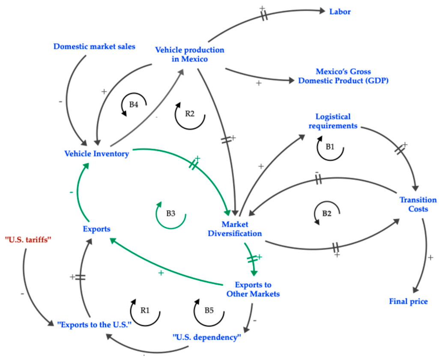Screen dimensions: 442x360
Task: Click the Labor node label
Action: tap(340, 12)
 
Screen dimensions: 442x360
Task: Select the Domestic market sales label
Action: tap(94, 47)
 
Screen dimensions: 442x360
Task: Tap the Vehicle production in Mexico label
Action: tap(190, 54)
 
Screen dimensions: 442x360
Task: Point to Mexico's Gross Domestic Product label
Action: tap(343, 76)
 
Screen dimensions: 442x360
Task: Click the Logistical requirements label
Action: tap(333, 121)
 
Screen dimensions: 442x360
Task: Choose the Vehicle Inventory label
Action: tap(97, 154)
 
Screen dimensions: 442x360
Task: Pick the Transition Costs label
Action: tap(418, 204)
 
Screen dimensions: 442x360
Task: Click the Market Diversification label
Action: tap(235, 229)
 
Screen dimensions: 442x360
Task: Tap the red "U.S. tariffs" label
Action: tap(28, 240)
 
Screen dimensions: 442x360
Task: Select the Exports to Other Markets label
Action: tap(253, 289)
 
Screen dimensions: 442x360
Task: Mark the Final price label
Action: tap(409, 301)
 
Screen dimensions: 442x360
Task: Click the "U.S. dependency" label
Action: tap(207, 337)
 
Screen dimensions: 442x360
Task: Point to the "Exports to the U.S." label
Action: tap(94, 325)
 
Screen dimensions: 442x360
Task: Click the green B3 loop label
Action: tap(171, 214)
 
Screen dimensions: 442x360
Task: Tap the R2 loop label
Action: tap(190, 113)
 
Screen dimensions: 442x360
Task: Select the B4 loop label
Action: tap(134, 104)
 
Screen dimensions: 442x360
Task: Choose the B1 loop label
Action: tap(330, 146)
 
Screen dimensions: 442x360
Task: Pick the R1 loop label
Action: tap(145, 310)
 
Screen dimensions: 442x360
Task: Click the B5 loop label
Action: tap(209, 310)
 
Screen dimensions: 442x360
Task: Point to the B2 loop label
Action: tap(327, 214)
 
